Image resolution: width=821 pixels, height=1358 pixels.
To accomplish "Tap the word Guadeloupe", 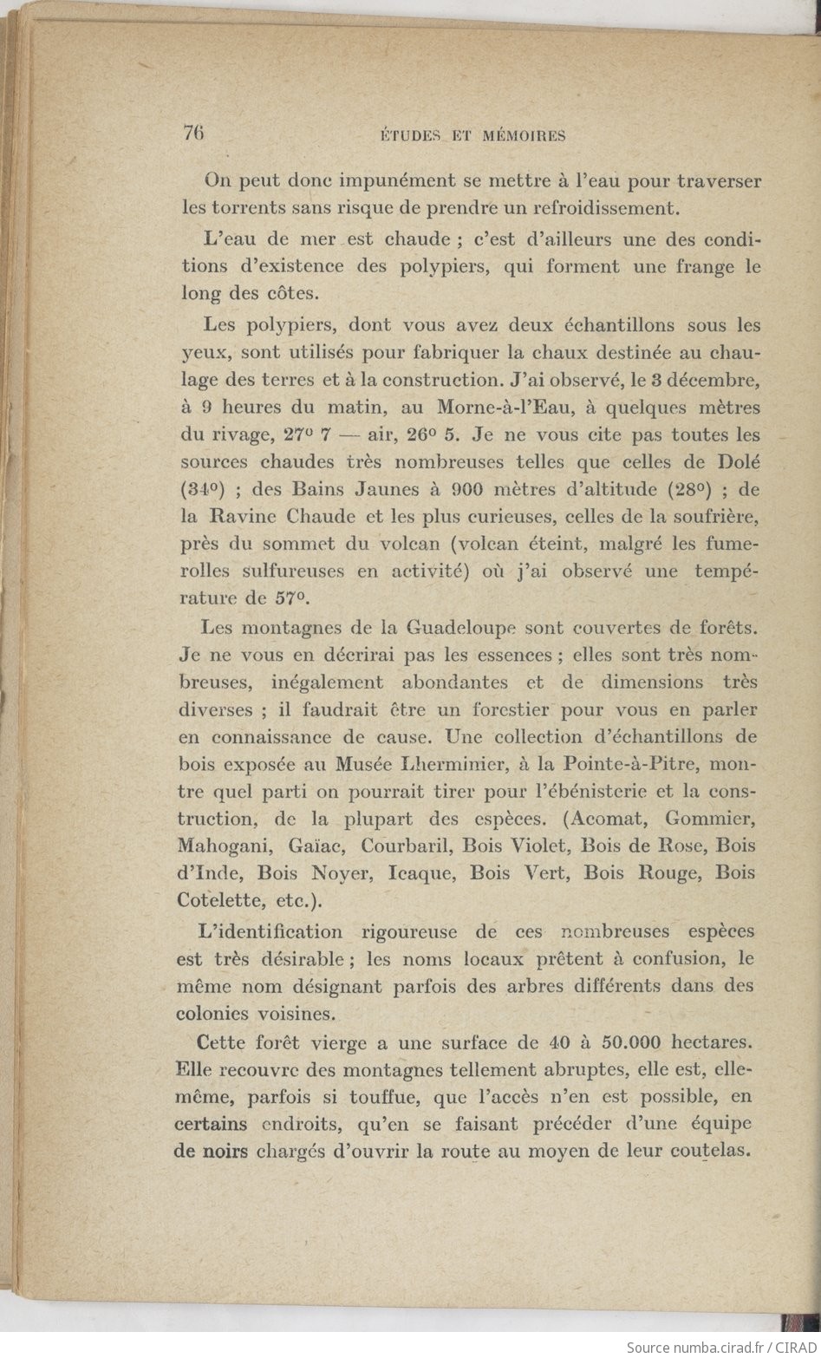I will pos(461,626).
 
